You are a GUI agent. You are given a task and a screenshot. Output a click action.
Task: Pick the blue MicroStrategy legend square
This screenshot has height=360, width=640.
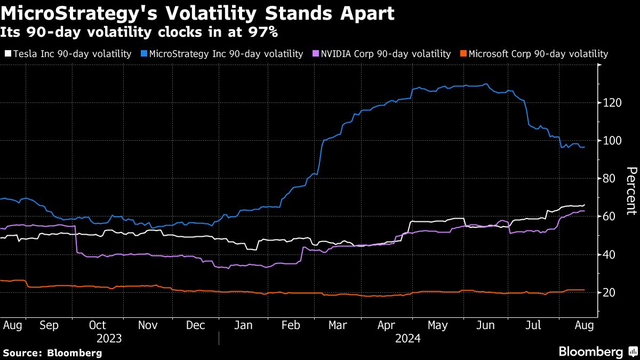144,54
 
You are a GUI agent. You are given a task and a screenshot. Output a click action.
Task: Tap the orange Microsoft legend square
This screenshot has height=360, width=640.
464,54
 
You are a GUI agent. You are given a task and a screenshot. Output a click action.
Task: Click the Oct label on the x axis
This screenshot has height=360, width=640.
97,325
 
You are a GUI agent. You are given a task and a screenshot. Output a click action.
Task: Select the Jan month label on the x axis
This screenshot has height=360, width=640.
243,325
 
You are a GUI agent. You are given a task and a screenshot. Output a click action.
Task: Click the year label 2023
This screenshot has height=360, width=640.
109,339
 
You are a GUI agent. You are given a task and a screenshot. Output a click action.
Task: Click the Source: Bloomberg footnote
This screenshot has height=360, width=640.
52,353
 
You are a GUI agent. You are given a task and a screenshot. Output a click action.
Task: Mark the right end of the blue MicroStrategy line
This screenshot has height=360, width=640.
585,147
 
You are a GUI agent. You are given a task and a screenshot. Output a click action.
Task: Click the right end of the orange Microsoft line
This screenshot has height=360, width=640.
585,290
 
